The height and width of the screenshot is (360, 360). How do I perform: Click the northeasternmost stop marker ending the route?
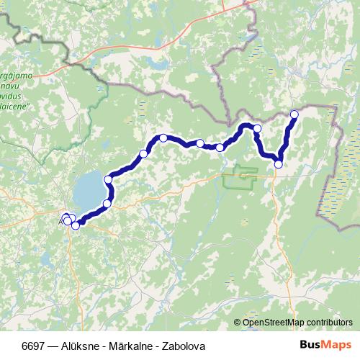pyautogui.click(x=294, y=114)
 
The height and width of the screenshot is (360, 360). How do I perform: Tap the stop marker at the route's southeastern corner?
pyautogui.click(x=279, y=164)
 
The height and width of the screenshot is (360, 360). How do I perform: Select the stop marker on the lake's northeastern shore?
pyautogui.click(x=108, y=179)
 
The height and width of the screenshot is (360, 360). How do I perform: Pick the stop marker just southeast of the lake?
pyautogui.click(x=107, y=204)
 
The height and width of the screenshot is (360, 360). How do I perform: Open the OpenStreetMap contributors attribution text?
pyautogui.click(x=297, y=323)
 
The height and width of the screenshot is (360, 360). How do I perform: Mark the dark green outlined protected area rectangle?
pyautogui.click(x=240, y=177)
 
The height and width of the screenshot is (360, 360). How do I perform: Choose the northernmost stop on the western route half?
pyautogui.click(x=163, y=138)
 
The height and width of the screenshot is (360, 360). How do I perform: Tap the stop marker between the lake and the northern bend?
pyautogui.click(x=143, y=153)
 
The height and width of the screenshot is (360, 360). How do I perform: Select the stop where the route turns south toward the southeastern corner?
pyautogui.click(x=257, y=128)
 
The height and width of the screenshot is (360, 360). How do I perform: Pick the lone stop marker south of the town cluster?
pyautogui.click(x=76, y=226)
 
